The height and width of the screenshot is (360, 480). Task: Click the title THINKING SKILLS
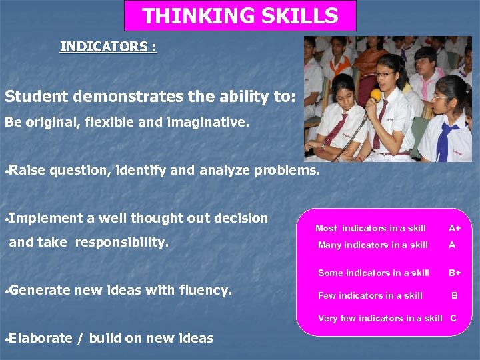240,15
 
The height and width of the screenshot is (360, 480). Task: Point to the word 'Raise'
27,170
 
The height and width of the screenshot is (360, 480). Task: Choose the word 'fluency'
204,290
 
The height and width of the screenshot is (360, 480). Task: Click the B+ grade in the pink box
454,273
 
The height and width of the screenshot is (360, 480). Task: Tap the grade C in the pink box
453,318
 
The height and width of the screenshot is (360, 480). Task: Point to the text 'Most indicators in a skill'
370,228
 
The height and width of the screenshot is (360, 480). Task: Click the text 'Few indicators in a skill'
370,295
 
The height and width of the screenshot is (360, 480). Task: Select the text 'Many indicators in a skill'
373,245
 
